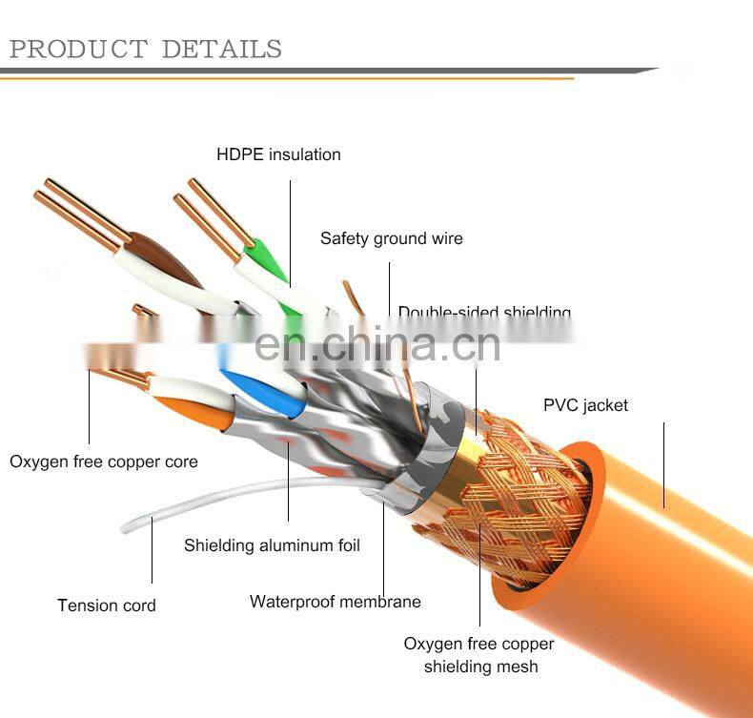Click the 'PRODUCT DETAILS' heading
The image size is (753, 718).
coord(145,49)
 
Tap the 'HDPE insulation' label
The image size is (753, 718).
coord(278,154)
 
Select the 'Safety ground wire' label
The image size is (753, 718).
coord(391,238)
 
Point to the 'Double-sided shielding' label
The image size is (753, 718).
coord(484,312)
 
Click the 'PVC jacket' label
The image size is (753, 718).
coord(585,405)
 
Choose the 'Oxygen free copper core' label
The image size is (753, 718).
coord(104,462)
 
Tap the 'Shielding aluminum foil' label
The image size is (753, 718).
coord(272,545)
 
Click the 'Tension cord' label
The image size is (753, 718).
coord(106,605)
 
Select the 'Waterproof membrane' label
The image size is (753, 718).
coord(335,602)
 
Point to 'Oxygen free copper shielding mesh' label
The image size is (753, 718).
coord(478,655)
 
